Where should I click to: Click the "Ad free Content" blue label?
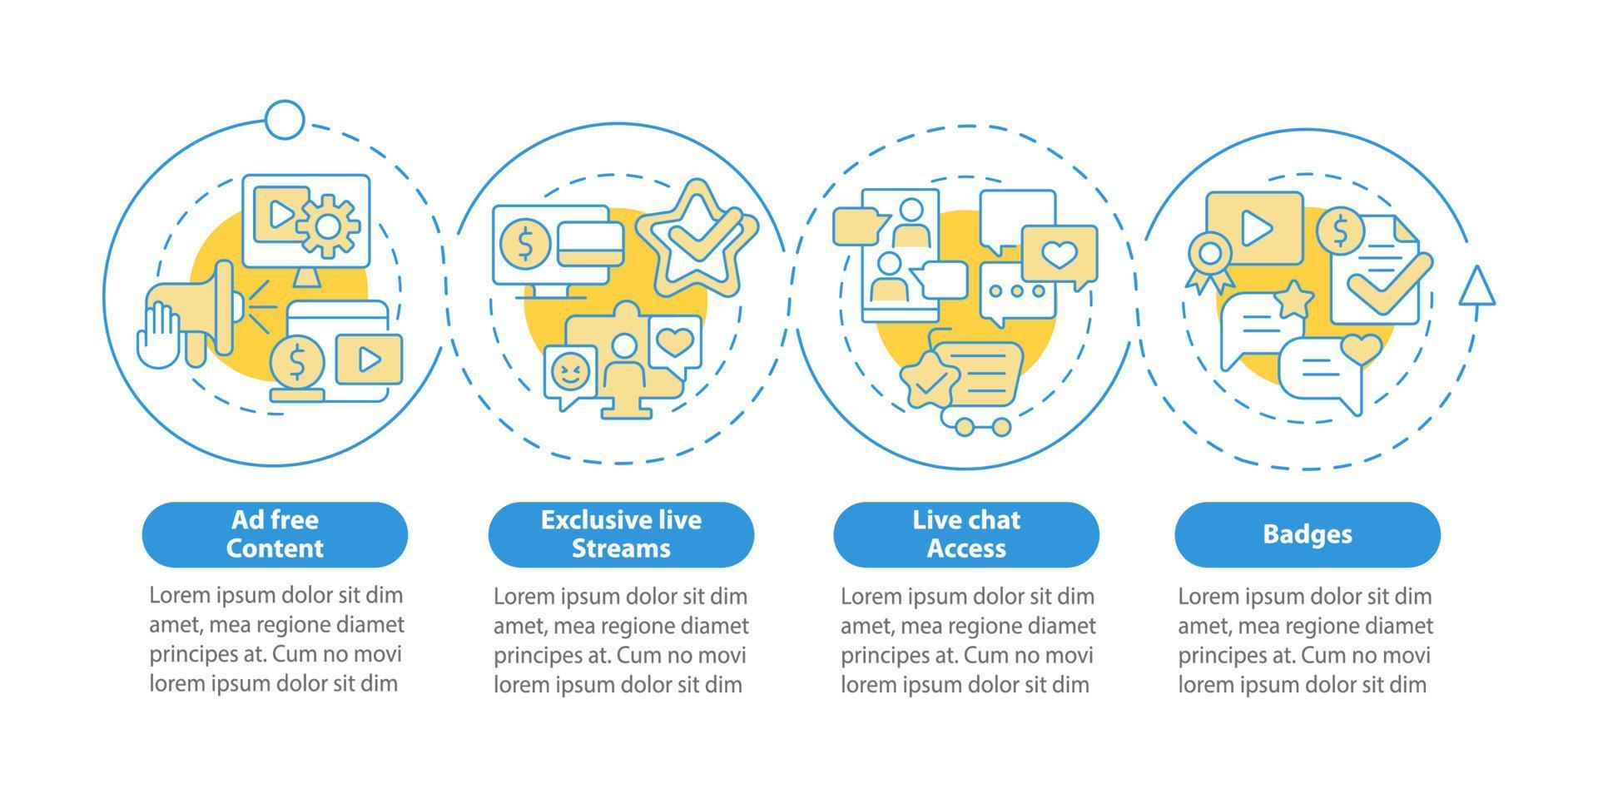[x=275, y=534]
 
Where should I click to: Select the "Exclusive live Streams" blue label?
[x=621, y=534]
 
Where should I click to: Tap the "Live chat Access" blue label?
[x=966, y=534]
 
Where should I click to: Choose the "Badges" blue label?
[x=1308, y=534]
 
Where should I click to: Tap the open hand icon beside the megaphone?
[x=158, y=334]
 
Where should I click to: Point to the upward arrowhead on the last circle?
[x=1477, y=286]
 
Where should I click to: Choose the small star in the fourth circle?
[x=1294, y=299]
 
